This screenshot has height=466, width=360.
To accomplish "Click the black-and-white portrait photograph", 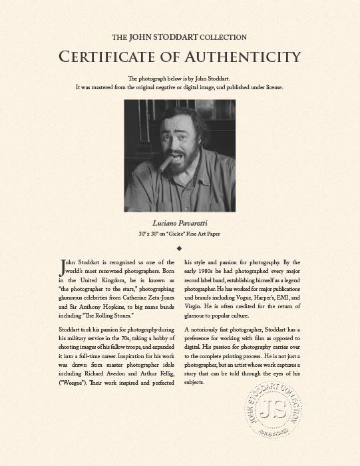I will click(180, 155).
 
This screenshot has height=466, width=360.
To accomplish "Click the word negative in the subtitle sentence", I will click(184, 87).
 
